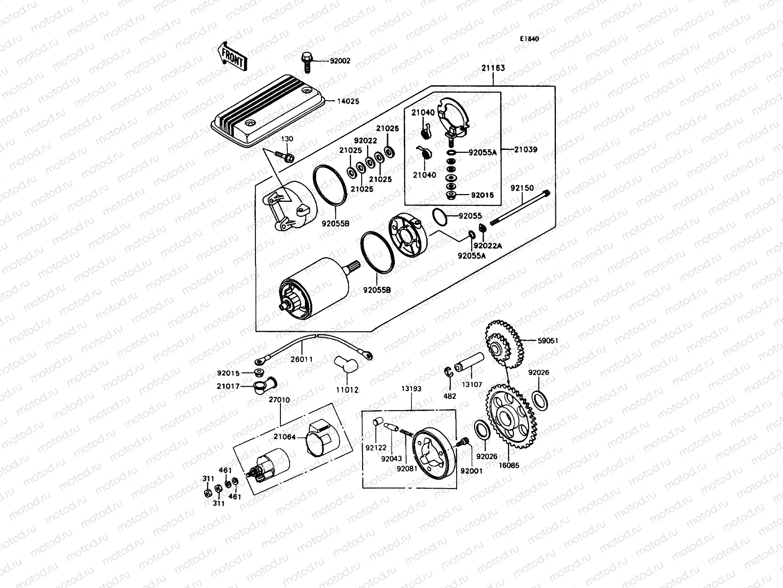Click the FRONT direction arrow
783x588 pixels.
point(232,55)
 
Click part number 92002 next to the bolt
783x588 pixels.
point(340,61)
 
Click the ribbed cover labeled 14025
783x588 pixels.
point(269,110)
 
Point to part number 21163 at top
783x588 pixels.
point(493,68)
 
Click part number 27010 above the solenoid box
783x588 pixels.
point(279,400)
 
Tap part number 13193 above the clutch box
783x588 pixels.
point(412,389)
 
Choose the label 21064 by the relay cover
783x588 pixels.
point(285,437)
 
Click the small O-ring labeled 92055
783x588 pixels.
point(439,215)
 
